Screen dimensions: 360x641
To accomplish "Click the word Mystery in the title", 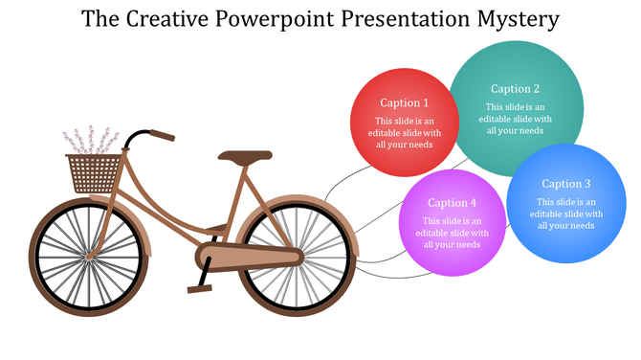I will [x=508, y=19].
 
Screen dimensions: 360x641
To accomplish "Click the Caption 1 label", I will [x=404, y=102].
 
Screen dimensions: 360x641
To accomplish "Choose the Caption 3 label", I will [x=566, y=184].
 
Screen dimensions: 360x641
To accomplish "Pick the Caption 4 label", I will [x=452, y=202].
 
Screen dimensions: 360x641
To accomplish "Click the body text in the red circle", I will [x=404, y=132].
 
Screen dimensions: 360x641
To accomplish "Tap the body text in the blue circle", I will [x=566, y=214].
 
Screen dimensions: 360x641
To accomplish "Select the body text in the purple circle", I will [x=452, y=233].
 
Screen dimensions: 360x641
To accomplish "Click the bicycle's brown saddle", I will [x=244, y=155].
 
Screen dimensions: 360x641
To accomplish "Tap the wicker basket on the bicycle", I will [x=95, y=173].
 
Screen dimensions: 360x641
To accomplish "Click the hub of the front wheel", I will [x=87, y=256].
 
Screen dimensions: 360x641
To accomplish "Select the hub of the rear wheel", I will [x=296, y=256].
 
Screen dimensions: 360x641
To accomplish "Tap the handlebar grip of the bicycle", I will [x=162, y=136].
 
